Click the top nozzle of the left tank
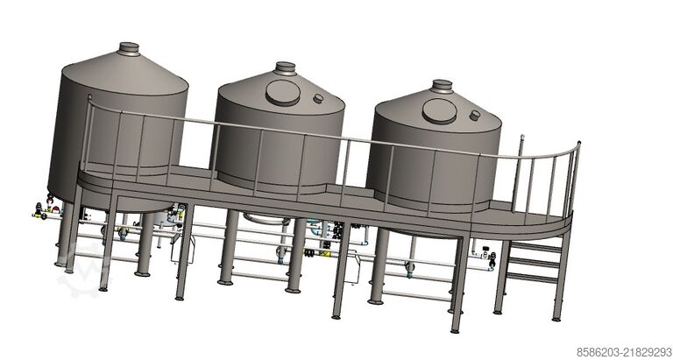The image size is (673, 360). point(129,48)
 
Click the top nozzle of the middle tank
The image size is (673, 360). point(286,68)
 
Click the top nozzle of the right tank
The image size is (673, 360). point(442,86)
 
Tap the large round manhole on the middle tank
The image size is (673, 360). point(283,93)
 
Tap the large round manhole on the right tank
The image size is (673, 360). point(440,111)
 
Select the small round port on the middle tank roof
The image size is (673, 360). point(318,98)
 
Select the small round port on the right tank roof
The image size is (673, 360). point(475,116)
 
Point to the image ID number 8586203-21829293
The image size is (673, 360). point(624,352)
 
